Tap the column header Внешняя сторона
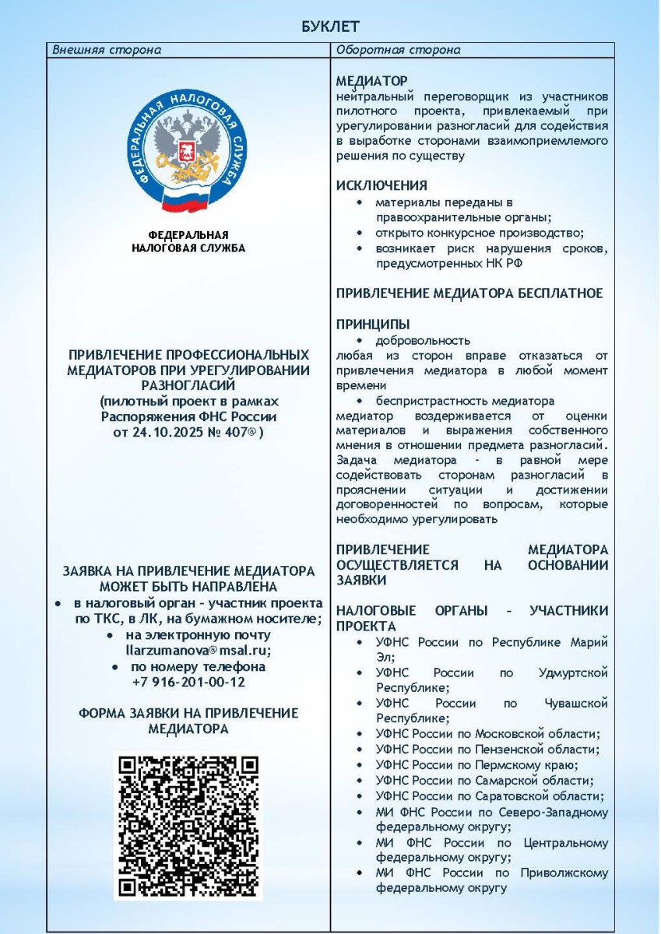107,51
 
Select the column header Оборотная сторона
398,51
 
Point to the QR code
188,827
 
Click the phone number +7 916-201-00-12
188,682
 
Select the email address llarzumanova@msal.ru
188,651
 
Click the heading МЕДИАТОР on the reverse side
371,81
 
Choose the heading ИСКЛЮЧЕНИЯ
381,185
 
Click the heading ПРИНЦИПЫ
373,324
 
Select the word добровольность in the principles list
423,340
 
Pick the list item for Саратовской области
489,796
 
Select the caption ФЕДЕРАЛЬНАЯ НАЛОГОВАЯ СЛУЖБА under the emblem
188,242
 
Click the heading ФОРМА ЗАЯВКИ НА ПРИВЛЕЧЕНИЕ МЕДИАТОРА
188,721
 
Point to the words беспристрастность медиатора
464,402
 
